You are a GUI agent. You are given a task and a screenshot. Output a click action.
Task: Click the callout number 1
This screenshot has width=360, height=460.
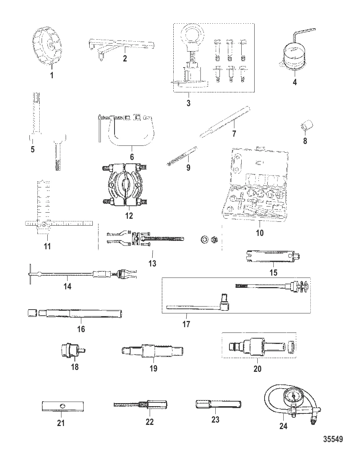tap(52, 75)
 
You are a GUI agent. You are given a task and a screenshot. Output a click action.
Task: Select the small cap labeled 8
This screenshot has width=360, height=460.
tap(305, 125)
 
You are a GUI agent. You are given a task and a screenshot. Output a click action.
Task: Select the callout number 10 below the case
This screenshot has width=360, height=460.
tap(259, 232)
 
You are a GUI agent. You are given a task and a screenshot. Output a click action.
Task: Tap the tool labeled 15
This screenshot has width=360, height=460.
tap(274, 258)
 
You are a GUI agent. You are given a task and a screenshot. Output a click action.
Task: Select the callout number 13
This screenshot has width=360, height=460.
tap(152, 263)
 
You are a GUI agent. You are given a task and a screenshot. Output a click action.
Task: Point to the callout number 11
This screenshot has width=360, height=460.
tap(47, 246)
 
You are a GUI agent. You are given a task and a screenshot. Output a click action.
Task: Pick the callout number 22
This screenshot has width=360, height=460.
tap(149, 422)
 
